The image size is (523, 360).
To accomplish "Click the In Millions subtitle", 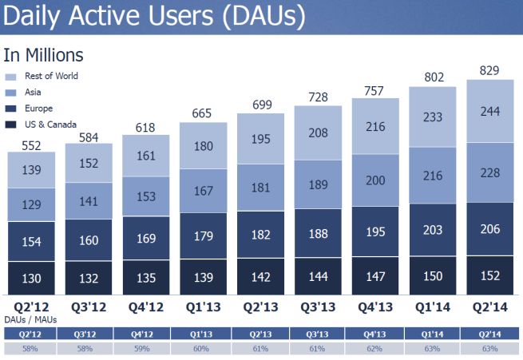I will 44,55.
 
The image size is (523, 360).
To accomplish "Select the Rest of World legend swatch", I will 11,77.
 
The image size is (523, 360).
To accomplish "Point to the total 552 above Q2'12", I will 31,144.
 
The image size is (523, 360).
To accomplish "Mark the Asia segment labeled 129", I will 31,205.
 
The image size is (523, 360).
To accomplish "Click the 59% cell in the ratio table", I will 145,349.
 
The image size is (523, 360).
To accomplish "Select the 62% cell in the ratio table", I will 374,349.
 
